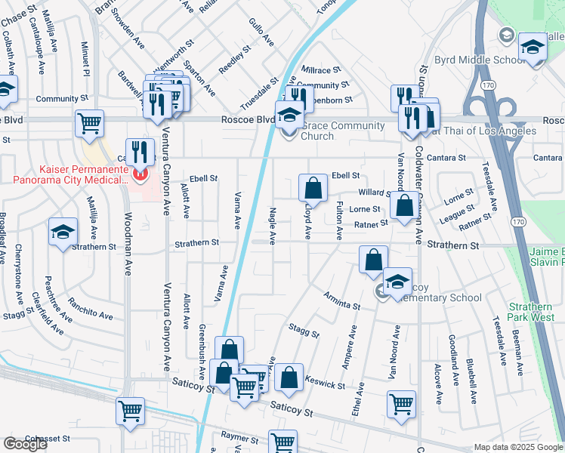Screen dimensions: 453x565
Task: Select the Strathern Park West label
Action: click(532, 312)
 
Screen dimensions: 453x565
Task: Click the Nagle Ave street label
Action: click(273, 226)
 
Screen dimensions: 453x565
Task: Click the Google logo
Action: click(25, 444)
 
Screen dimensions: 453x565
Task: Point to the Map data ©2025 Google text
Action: click(519, 447)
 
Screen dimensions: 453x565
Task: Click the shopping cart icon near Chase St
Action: click(89, 122)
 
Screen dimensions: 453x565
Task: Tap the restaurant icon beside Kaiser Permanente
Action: click(140, 152)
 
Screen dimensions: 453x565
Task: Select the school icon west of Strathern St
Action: click(63, 232)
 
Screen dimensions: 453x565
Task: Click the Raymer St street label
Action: click(240, 436)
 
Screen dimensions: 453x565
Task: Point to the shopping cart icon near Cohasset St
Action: click(131, 411)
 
